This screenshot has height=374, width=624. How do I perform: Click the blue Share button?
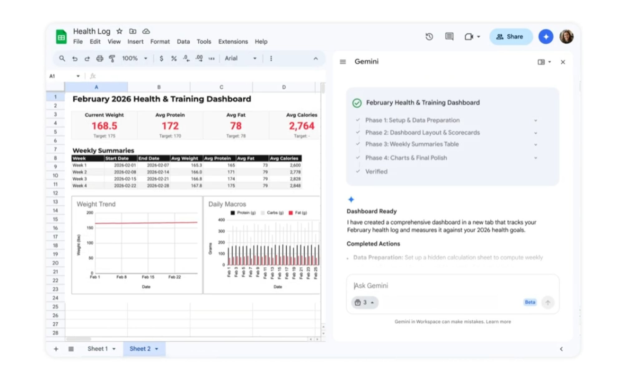tap(510, 37)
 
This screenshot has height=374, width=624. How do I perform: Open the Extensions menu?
tap(233, 41)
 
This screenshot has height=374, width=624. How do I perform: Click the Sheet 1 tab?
tap(97, 349)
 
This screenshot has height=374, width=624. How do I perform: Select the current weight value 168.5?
tap(104, 126)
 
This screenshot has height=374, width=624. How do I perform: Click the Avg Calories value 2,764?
tap(301, 126)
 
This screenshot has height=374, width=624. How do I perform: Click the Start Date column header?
tap(117, 158)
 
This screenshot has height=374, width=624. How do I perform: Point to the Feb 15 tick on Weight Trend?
tap(148, 277)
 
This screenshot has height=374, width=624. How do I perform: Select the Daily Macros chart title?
tap(227, 204)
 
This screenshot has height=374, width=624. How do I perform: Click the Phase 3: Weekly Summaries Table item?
tap(412, 144)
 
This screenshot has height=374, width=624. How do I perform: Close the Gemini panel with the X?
tap(563, 62)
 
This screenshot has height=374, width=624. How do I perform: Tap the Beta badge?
tap(530, 302)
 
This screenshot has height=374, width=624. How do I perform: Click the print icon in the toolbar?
tap(100, 58)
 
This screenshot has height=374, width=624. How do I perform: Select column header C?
tap(221, 87)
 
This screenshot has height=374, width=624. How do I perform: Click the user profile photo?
tap(566, 37)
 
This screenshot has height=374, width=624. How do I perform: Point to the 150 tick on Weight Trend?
tap(90, 228)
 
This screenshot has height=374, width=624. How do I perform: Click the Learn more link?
tap(498, 322)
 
